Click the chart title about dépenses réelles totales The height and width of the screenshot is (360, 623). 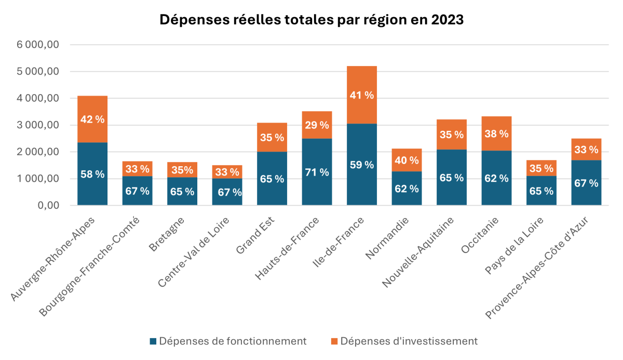point(311,20)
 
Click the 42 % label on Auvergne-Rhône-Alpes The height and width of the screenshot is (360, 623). point(92,119)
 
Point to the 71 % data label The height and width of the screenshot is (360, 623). point(317,172)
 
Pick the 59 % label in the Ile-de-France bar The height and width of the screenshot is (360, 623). point(362,165)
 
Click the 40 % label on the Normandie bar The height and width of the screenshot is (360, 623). point(407,161)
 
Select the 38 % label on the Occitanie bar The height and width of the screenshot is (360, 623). point(496,134)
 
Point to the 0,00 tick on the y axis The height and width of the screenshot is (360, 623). point(47,206)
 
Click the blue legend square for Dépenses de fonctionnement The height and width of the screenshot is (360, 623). point(153,341)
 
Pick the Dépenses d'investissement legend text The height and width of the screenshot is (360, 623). point(409,341)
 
